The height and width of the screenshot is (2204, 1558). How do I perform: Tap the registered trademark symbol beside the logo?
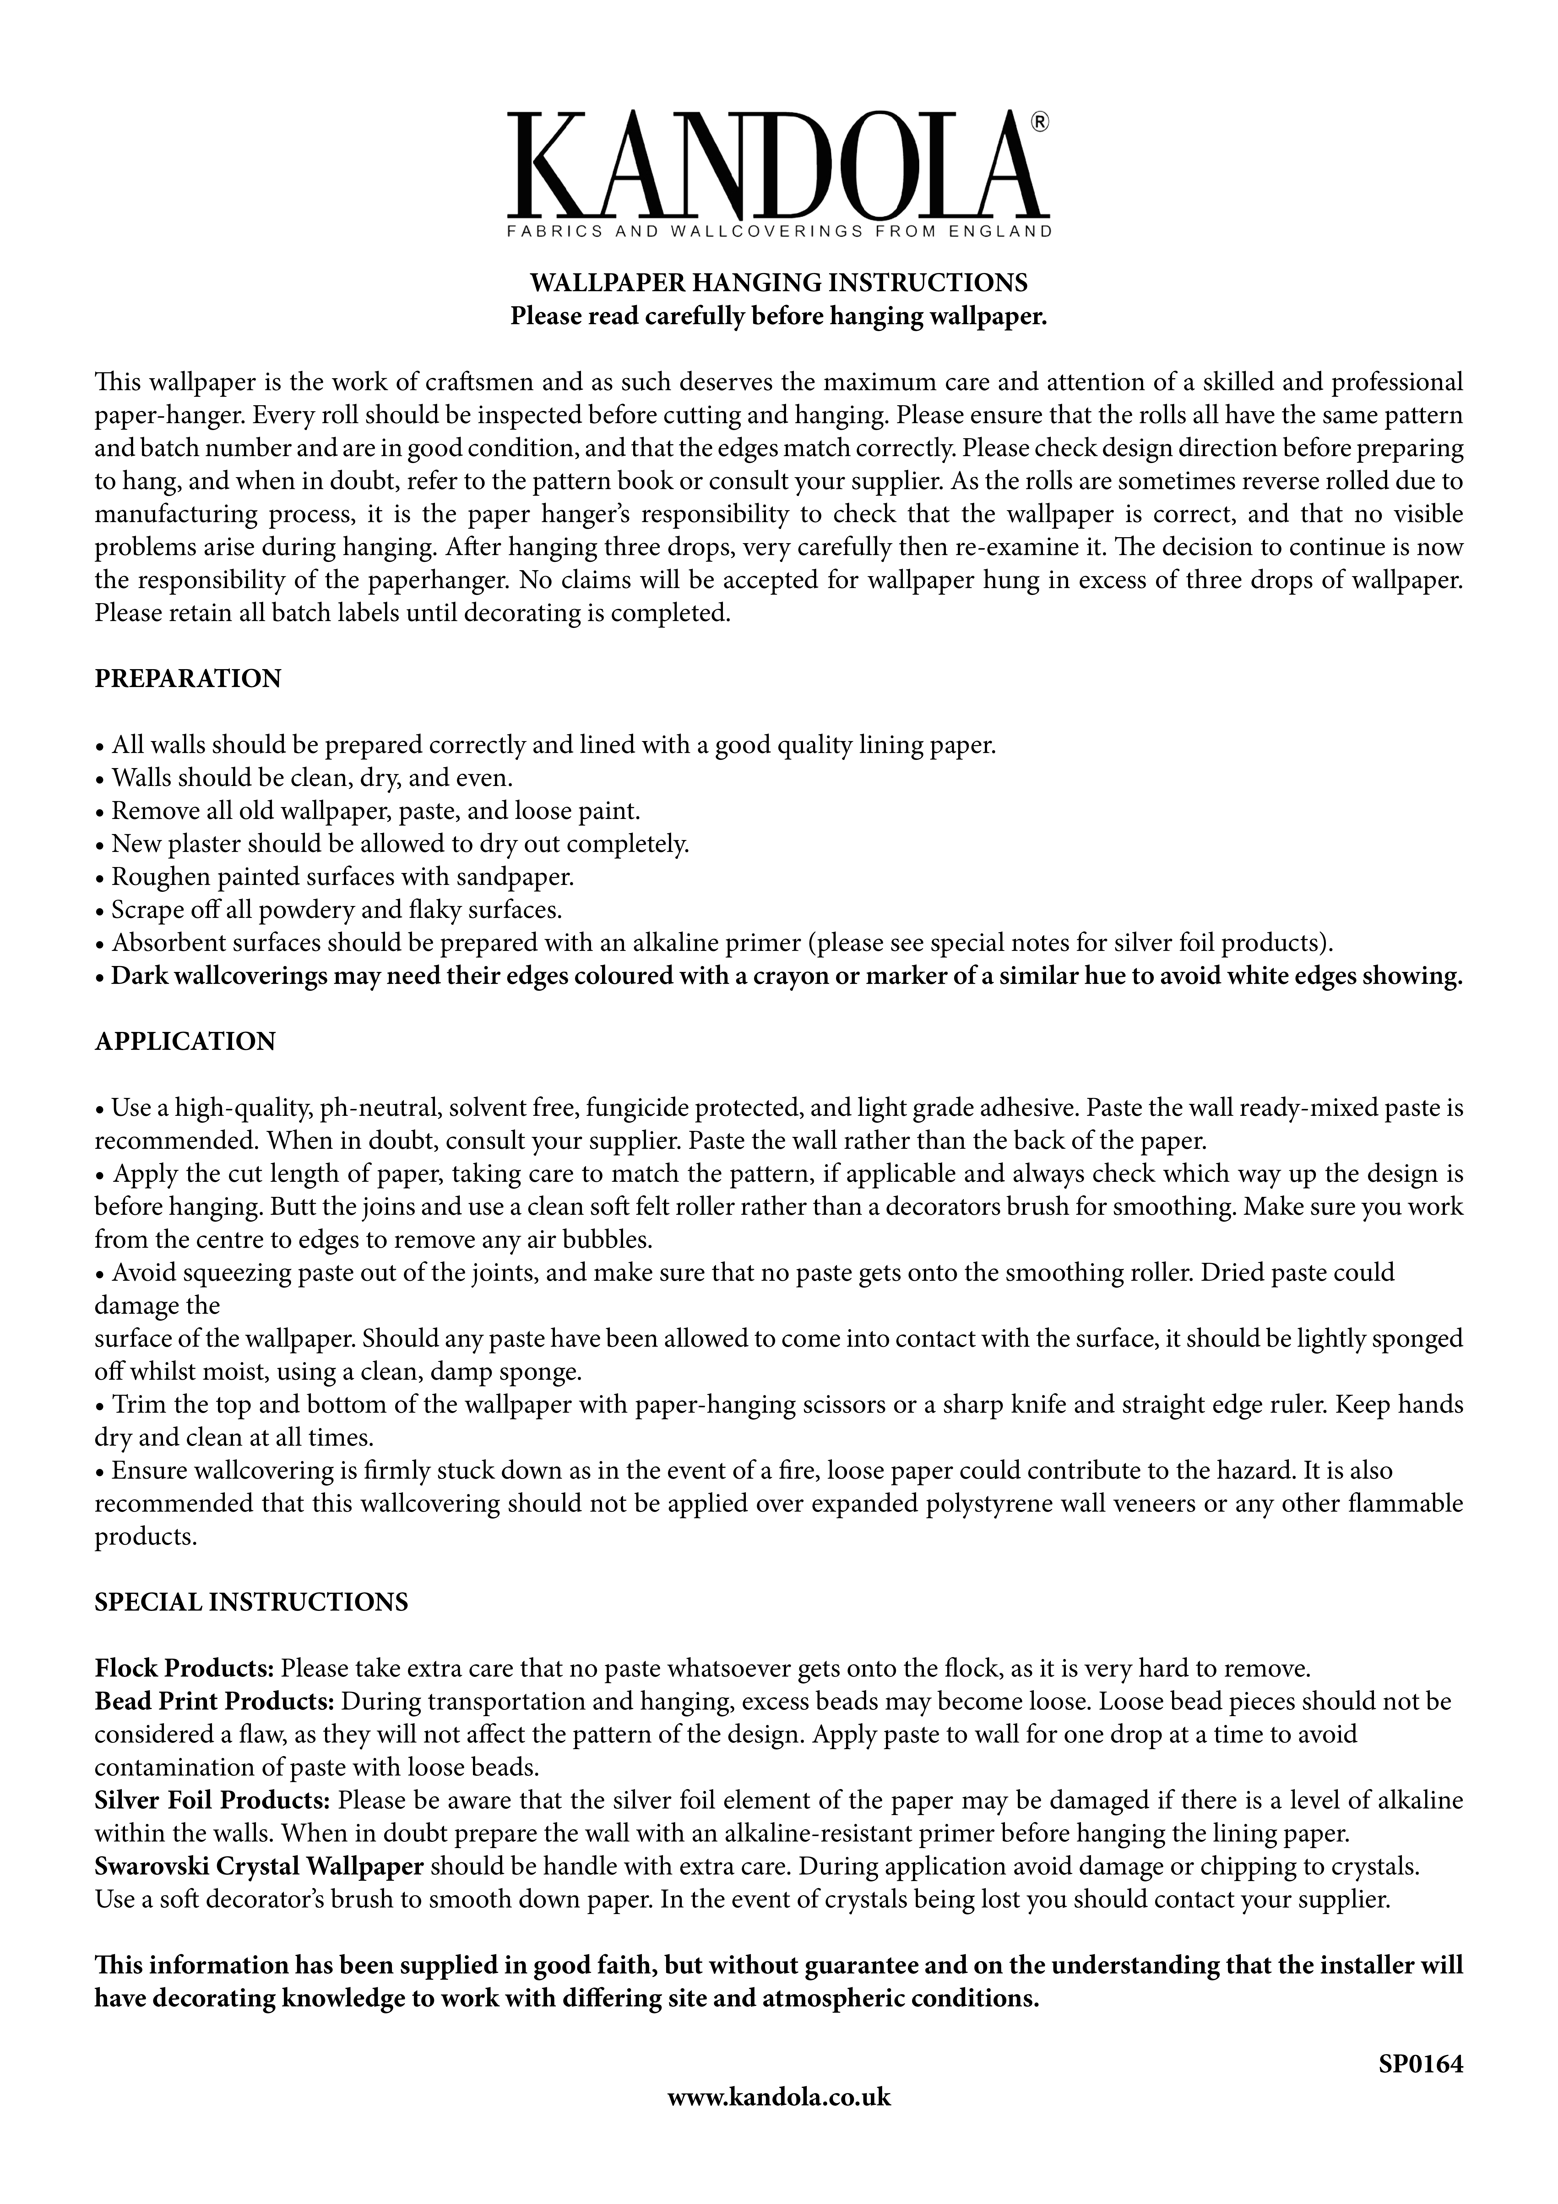(1040, 122)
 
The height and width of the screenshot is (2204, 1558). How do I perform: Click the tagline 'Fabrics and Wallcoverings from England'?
(779, 231)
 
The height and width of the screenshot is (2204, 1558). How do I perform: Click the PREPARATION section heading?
(188, 679)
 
